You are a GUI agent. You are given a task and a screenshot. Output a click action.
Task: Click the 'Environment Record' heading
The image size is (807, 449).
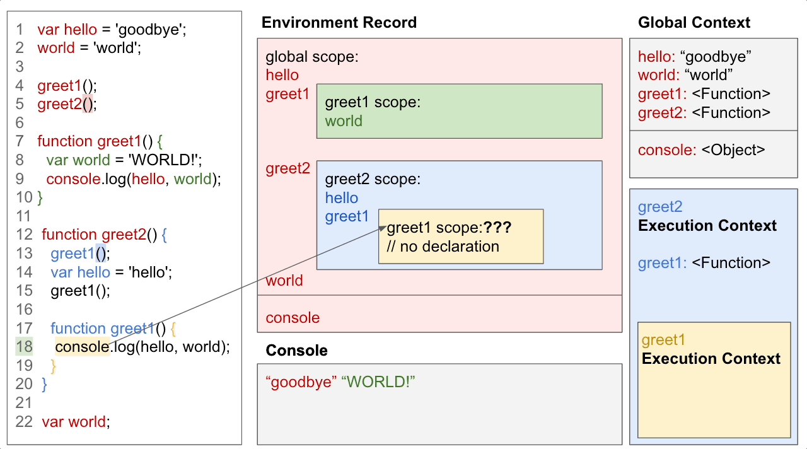339,23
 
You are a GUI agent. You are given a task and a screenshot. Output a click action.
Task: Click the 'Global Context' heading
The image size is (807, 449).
694,23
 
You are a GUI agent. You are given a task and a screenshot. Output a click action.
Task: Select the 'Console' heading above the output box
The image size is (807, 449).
296,351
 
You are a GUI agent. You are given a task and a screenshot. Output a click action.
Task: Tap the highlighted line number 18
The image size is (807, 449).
24,347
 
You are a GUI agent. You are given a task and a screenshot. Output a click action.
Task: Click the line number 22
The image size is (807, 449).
24,422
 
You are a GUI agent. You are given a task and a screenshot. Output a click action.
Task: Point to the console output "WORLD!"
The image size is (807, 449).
378,382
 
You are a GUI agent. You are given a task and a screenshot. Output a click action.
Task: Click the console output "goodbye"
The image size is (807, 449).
301,382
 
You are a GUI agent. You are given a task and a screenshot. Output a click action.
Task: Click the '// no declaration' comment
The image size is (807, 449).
443,247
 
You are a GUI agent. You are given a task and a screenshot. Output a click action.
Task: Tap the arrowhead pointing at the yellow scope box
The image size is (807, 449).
381,228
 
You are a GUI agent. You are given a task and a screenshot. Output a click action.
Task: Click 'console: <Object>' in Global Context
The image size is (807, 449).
701,150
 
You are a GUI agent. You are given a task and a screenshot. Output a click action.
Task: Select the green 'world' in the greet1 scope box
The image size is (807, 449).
344,121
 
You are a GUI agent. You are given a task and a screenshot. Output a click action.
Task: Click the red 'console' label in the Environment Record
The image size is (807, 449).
293,318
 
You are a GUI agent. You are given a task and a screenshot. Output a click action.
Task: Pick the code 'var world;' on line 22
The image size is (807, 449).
76,422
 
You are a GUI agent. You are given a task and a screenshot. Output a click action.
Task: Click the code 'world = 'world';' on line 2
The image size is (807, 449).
89,48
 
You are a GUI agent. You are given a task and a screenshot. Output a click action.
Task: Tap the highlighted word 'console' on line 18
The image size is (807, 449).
82,347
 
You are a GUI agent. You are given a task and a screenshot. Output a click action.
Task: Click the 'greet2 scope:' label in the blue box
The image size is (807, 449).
372,179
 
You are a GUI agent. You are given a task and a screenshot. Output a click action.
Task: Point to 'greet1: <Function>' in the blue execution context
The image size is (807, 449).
704,263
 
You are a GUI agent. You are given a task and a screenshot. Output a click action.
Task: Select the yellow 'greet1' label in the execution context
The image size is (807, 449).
663,341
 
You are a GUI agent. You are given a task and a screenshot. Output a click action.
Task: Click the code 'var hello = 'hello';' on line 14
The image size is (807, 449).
111,272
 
